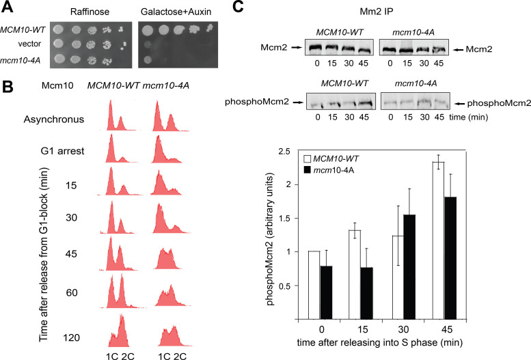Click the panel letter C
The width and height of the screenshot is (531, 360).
(236, 8)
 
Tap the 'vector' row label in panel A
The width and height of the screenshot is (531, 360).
(34, 44)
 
